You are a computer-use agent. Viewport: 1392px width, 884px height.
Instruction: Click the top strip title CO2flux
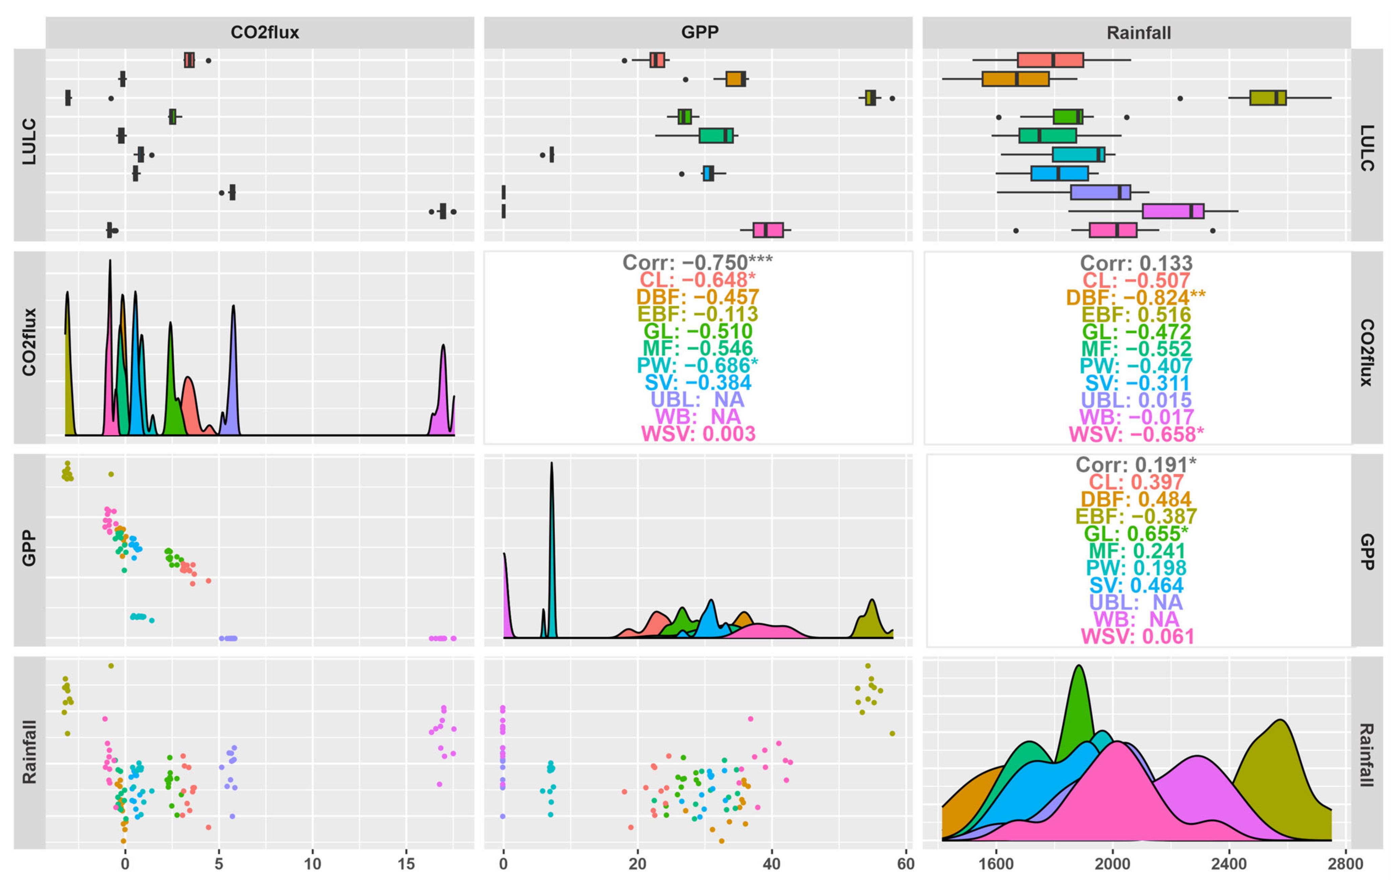[265, 32]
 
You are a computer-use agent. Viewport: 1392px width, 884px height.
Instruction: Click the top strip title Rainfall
[1139, 32]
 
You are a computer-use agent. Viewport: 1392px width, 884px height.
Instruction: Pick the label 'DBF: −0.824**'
[1136, 297]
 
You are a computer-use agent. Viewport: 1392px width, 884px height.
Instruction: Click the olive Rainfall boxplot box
[1268, 98]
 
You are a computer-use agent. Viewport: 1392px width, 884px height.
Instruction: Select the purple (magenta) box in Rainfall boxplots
[1173, 211]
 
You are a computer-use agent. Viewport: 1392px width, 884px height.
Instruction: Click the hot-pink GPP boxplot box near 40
[768, 230]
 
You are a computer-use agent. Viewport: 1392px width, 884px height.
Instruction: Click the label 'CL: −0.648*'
[697, 280]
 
